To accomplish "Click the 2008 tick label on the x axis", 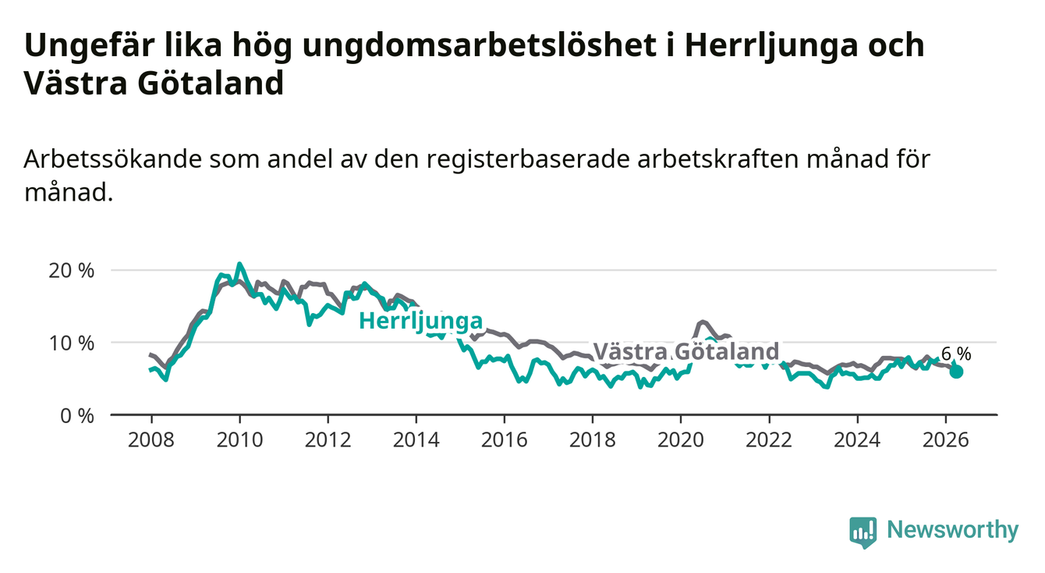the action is click(x=151, y=440).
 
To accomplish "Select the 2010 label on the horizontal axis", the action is click(x=239, y=440).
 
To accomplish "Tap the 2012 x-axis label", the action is click(x=328, y=440).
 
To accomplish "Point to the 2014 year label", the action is click(x=416, y=440).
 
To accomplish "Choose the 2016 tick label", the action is click(x=505, y=440).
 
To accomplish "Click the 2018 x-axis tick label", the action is click(x=593, y=440).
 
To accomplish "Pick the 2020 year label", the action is click(x=681, y=440).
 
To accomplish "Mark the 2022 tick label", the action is click(x=769, y=440).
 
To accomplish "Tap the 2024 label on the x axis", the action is click(x=857, y=440).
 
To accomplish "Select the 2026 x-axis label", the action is click(x=946, y=440).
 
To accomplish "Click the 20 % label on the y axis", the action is click(x=72, y=271).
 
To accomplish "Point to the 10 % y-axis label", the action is click(x=72, y=343).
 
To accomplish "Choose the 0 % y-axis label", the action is click(x=77, y=415).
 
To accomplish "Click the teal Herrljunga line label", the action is click(x=421, y=322).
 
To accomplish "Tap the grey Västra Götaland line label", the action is click(x=686, y=351).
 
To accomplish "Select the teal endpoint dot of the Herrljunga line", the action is click(x=956, y=372).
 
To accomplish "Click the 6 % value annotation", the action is click(x=956, y=354).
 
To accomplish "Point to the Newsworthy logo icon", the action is click(x=863, y=532).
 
